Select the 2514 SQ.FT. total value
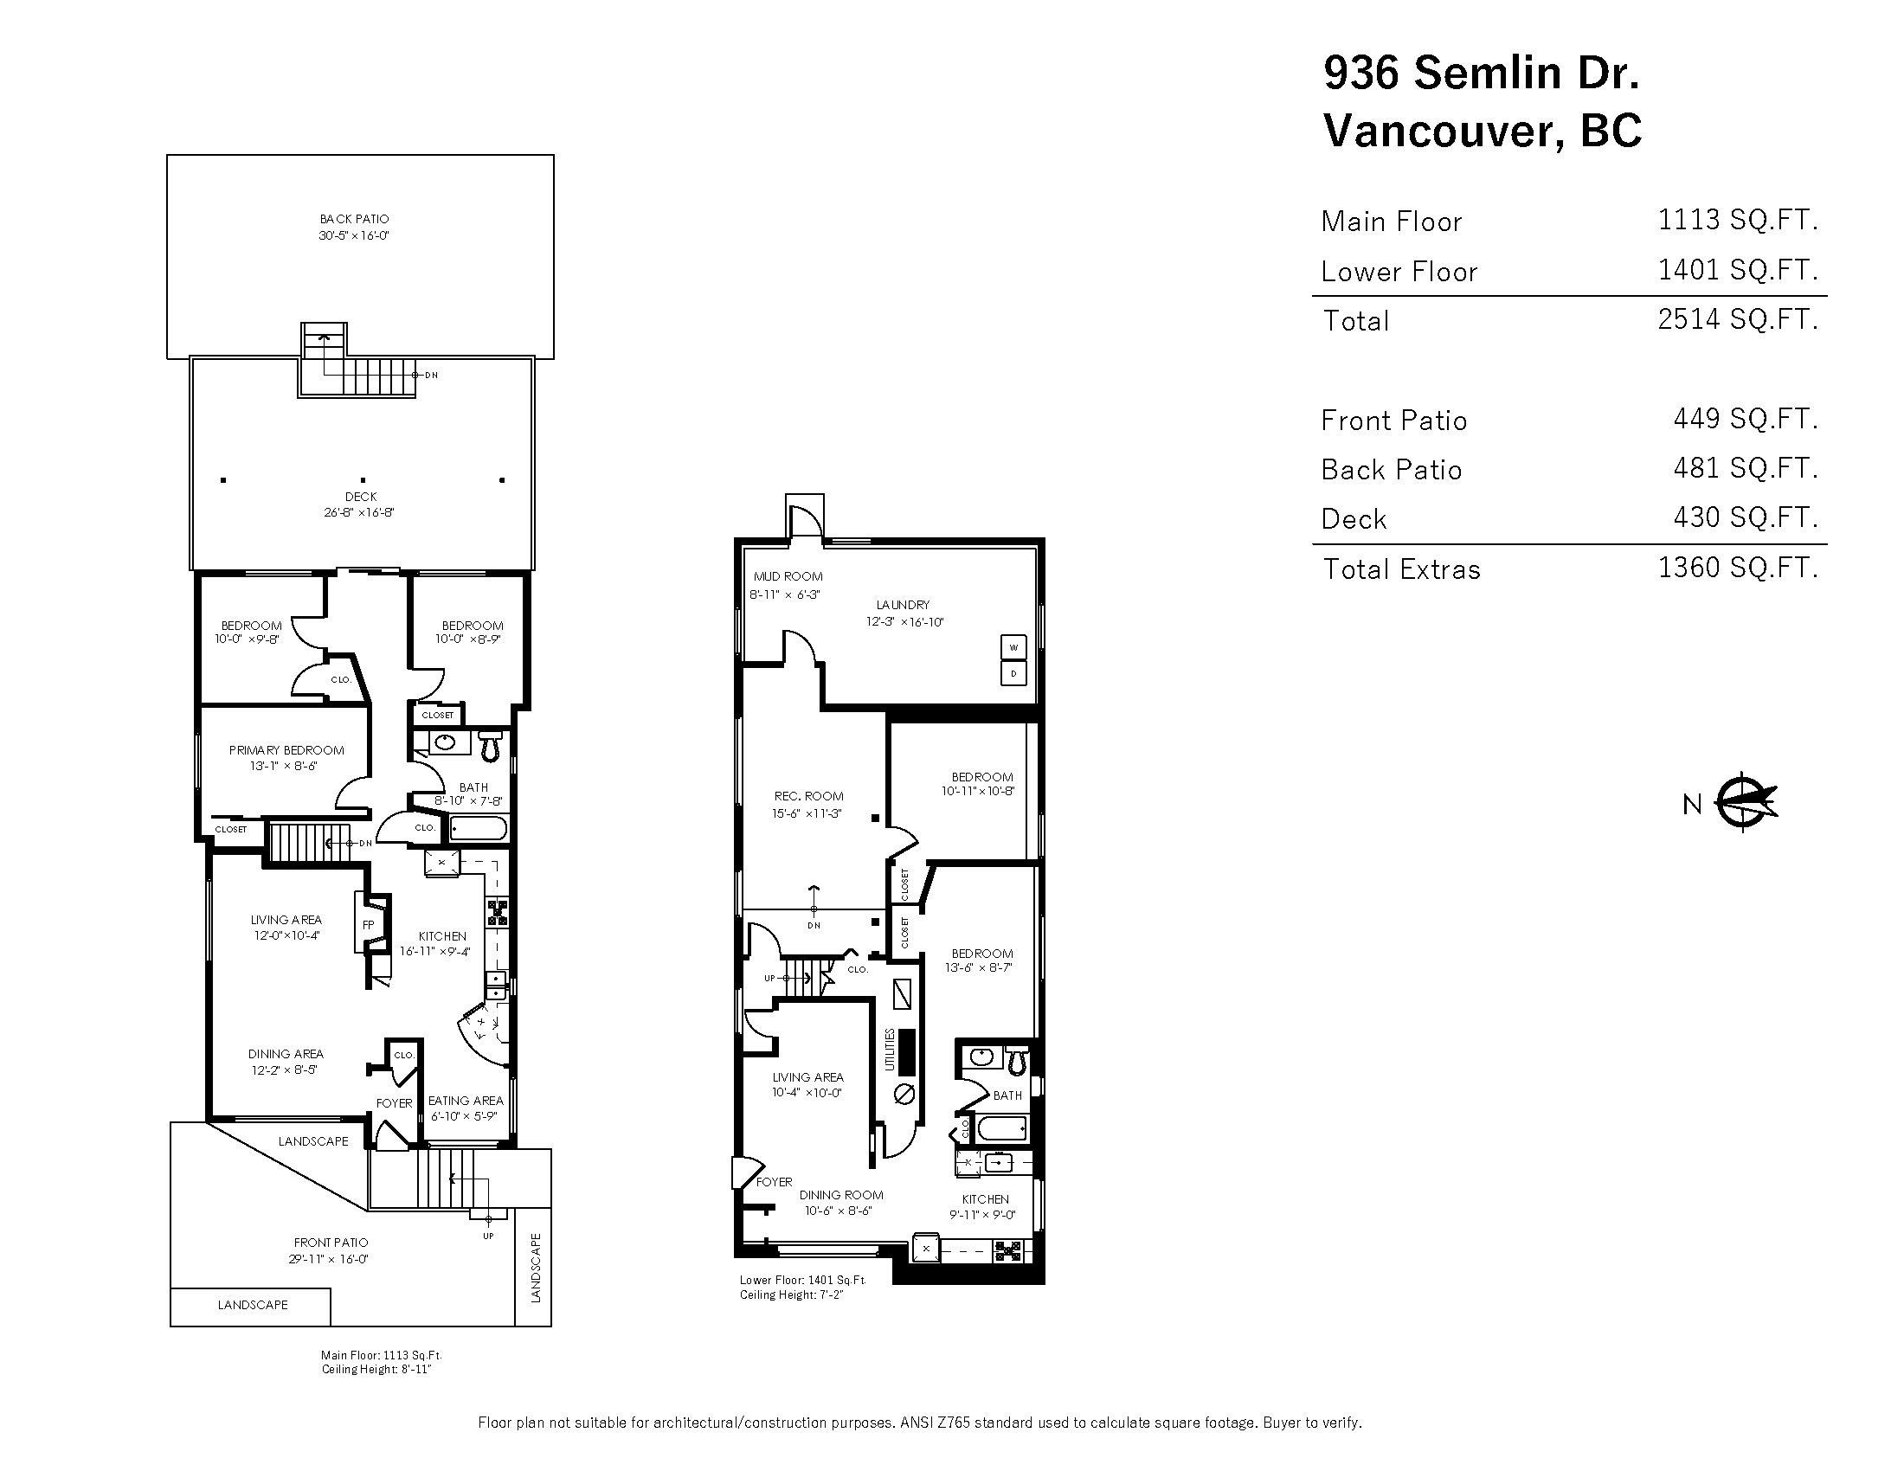tap(1737, 320)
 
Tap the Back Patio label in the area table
tap(1391, 471)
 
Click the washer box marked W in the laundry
tap(1013, 647)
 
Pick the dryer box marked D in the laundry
tap(1013, 673)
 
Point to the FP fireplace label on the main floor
tap(368, 926)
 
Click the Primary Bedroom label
tap(286, 750)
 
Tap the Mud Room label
tap(788, 577)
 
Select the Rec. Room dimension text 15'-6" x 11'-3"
tap(807, 814)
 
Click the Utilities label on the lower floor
tap(890, 1050)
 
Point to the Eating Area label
tap(466, 1101)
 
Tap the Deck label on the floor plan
tap(361, 497)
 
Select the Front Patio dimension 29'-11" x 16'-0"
tap(330, 1259)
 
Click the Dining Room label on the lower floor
tap(840, 1195)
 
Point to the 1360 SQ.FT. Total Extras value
tap(1737, 568)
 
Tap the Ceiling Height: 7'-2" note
tap(791, 1295)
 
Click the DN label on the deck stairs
tap(431, 376)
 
